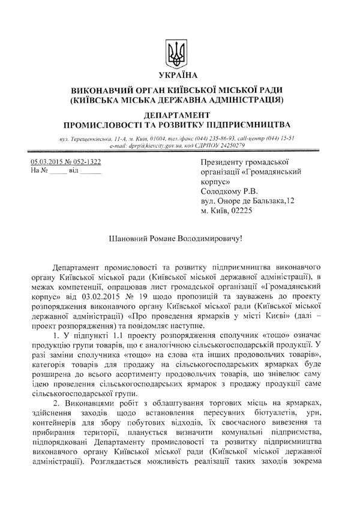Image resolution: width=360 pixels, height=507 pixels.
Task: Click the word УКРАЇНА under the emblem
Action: coord(178,75)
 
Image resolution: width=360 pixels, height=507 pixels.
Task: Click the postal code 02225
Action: coord(239,211)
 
